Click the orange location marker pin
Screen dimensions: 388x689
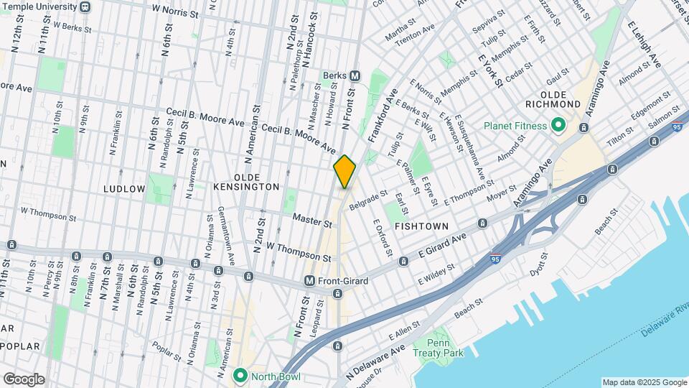[x=345, y=172]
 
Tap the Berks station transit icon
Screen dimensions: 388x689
[x=355, y=76]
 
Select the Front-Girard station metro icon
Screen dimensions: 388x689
[x=310, y=281]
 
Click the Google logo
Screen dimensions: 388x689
[x=24, y=379]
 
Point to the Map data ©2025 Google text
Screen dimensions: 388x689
[x=644, y=382]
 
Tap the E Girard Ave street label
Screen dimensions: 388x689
[x=442, y=246]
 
